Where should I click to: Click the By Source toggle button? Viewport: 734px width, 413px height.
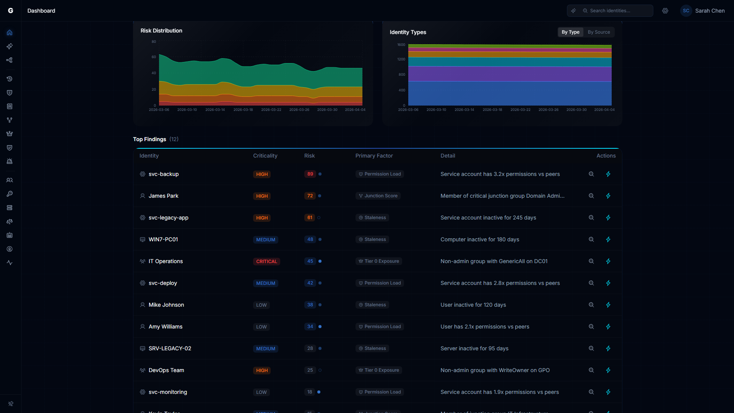click(x=599, y=32)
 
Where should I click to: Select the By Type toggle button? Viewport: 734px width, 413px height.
click(x=570, y=32)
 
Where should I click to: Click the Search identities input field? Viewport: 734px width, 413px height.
click(x=615, y=11)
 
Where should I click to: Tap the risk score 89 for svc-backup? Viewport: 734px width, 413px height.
click(x=310, y=174)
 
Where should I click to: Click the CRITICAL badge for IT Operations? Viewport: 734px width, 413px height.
click(x=266, y=262)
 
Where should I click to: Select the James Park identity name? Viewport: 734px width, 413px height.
click(x=163, y=196)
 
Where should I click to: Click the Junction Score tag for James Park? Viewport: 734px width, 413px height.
click(x=378, y=196)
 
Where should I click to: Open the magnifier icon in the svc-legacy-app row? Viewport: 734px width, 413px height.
click(x=591, y=218)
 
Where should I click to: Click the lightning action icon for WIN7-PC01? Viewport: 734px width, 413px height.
click(x=608, y=239)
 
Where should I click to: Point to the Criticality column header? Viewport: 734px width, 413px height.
click(x=265, y=156)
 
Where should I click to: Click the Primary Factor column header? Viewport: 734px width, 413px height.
click(x=374, y=156)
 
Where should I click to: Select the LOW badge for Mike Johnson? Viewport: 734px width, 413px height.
click(x=261, y=305)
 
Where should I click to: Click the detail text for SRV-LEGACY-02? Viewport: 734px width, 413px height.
click(x=474, y=348)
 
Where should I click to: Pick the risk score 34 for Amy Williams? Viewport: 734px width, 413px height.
click(x=310, y=327)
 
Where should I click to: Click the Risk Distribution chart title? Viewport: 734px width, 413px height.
click(x=161, y=31)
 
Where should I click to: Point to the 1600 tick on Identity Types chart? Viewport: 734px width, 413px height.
click(x=401, y=45)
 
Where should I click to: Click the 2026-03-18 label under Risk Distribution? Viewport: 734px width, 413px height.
click(x=243, y=110)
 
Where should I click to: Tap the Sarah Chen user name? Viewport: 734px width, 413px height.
click(x=710, y=11)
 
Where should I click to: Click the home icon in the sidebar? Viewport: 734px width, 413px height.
click(x=10, y=33)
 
